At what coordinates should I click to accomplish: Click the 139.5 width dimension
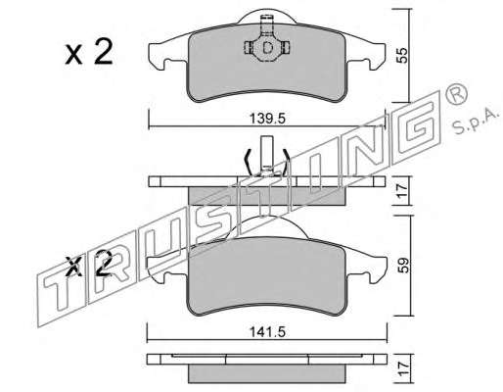pos(267,119)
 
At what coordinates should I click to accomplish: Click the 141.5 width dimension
pos(267,332)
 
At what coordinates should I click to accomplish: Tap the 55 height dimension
pos(403,56)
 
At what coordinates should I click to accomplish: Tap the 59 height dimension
pos(403,266)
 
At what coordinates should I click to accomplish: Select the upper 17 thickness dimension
pos(402,190)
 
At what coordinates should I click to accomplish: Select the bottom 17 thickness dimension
pos(402,368)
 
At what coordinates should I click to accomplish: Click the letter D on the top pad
pos(267,48)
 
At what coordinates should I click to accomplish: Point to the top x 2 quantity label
pos(89,52)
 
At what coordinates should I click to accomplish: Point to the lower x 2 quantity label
pos(89,264)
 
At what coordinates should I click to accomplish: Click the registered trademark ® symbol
pos(456,95)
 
